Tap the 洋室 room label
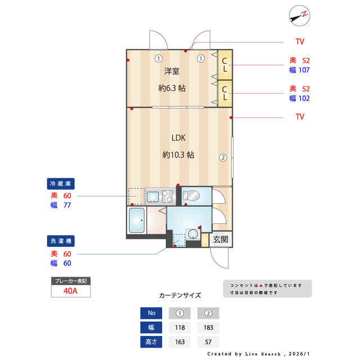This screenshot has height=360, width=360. click(x=172, y=71)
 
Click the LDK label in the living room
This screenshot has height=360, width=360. click(x=178, y=138)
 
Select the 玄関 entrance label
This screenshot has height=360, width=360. click(x=220, y=239)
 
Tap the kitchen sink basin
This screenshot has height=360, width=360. click(x=152, y=197)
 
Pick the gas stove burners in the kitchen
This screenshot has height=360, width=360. click(x=168, y=196)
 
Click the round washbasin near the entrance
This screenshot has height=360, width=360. click(x=193, y=233)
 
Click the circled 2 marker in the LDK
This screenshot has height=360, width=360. click(x=223, y=157)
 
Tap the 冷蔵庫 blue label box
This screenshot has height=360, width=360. click(x=61, y=184)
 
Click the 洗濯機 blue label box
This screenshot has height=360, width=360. click(x=61, y=241)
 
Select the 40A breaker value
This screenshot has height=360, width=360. click(x=70, y=291)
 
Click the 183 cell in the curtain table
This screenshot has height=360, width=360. click(x=208, y=327)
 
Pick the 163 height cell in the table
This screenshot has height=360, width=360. click(x=180, y=341)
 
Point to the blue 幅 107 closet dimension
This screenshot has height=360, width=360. click(x=299, y=70)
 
